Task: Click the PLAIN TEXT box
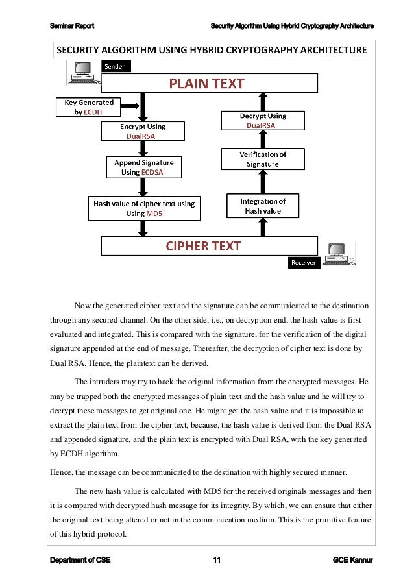[x=208, y=83]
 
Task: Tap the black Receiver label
[x=302, y=262]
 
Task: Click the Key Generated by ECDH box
[x=88, y=106]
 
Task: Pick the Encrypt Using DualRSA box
[x=141, y=132]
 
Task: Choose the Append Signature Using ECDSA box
[x=144, y=168]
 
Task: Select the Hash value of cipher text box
[x=144, y=208]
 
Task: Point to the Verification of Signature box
[x=262, y=159]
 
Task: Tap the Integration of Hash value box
[x=262, y=206]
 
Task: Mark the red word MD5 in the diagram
[x=154, y=213]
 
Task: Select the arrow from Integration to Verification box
[x=262, y=182]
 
